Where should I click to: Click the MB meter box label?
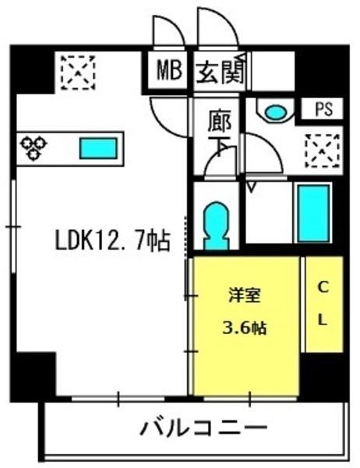coord(169,70)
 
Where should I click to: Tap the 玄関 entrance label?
coord(221,72)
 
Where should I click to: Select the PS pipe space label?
coord(324,109)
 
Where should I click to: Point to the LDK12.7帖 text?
coord(113,240)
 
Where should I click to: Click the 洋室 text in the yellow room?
coord(245,295)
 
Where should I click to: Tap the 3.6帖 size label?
coord(245,328)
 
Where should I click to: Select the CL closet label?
coord(323,304)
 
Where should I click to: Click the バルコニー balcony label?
coord(203,428)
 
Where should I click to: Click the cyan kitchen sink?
coord(98,148)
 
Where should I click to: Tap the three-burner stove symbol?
coord(34,148)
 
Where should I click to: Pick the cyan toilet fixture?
coord(217,226)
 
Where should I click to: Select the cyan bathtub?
coord(313,214)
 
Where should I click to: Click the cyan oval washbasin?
coord(275,112)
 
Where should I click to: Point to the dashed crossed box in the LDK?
coord(78,73)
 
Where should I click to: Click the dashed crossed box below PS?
coord(323,151)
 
